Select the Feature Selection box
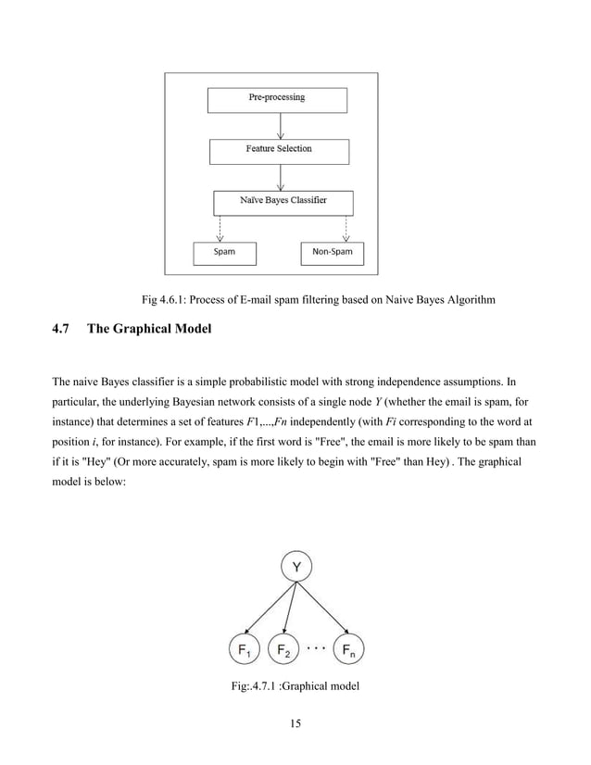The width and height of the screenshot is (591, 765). click(279, 150)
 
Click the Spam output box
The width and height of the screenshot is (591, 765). click(224, 252)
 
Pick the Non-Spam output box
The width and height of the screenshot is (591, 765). click(333, 252)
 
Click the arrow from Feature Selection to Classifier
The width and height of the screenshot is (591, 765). click(280, 176)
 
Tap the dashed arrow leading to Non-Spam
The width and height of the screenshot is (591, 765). click(346, 228)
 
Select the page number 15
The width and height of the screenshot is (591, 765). click(295, 723)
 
